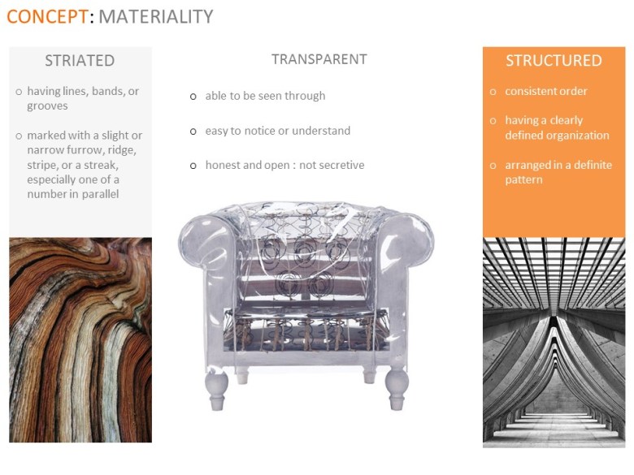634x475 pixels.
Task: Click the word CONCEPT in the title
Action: pyautogui.click(x=47, y=16)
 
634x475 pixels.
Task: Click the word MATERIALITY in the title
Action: pyautogui.click(x=156, y=16)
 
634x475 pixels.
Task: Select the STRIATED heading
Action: pyautogui.click(x=80, y=61)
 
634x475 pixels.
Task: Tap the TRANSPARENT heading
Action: pyautogui.click(x=319, y=59)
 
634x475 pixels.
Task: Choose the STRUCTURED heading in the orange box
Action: pyautogui.click(x=554, y=61)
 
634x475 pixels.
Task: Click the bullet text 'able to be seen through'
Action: pyautogui.click(x=265, y=96)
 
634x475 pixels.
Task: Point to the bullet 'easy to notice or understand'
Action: pyautogui.click(x=277, y=131)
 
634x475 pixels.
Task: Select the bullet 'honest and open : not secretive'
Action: pyautogui.click(x=284, y=166)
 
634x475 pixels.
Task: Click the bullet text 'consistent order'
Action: pyautogui.click(x=545, y=91)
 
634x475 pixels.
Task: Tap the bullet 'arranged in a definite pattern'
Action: pyautogui.click(x=558, y=172)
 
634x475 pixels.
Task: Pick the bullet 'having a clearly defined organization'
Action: pyautogui.click(x=556, y=127)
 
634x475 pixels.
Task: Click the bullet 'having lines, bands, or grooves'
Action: pyautogui.click(x=83, y=98)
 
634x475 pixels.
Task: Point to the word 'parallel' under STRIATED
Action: pyautogui.click(x=98, y=194)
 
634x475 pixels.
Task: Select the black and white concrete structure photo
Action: pyautogui.click(x=554, y=341)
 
